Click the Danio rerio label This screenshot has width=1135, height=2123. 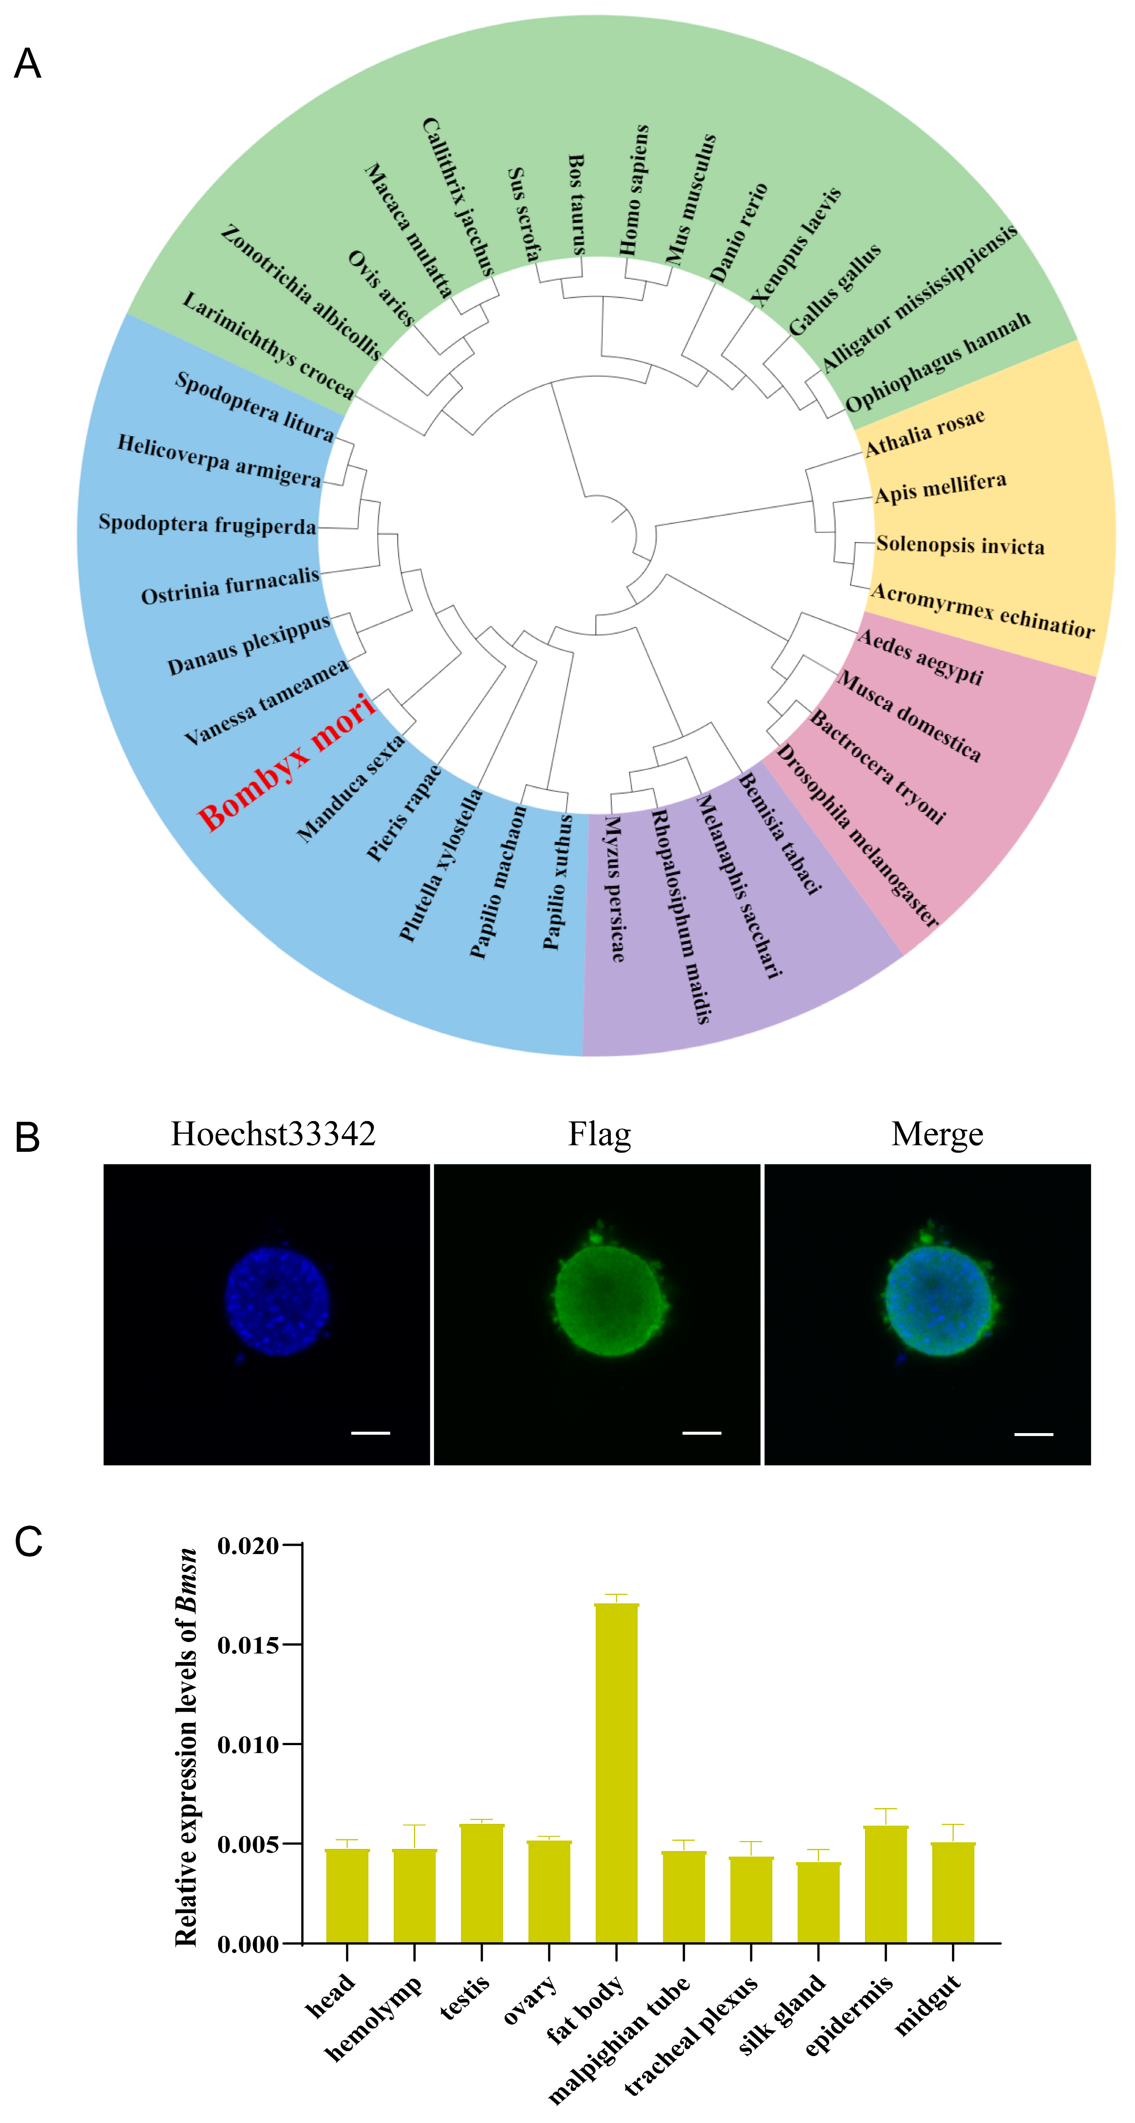(x=739, y=233)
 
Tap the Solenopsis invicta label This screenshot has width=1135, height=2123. (x=959, y=545)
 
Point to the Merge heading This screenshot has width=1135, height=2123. (x=937, y=1134)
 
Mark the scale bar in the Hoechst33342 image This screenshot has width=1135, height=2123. (x=371, y=1432)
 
